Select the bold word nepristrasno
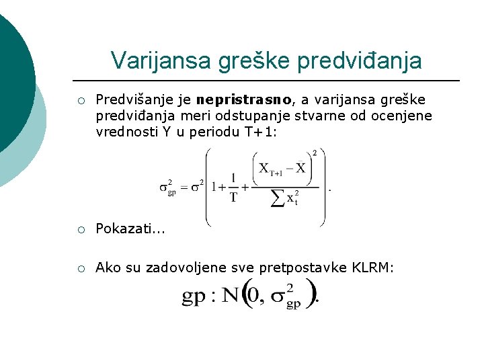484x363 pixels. click(x=244, y=100)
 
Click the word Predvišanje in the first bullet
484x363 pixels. click(x=136, y=100)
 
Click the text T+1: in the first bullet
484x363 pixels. click(x=258, y=132)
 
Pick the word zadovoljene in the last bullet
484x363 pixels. click(x=192, y=268)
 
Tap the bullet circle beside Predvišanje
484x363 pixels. click(x=80, y=101)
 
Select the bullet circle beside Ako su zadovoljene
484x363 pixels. click(x=80, y=268)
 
